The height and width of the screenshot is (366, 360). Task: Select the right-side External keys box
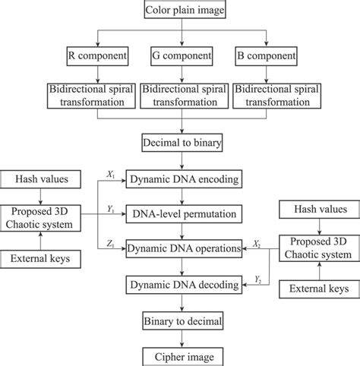pyautogui.click(x=318, y=289)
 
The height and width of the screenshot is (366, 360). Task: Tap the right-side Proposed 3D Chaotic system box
pyautogui.click(x=318, y=248)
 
